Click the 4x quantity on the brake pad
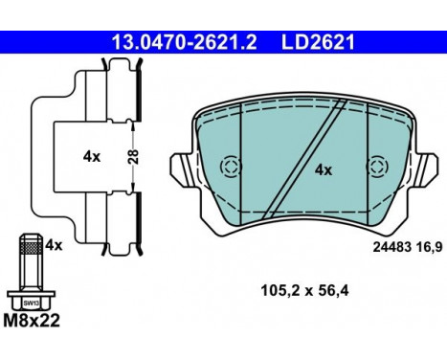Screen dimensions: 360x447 323,169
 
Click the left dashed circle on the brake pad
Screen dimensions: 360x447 230,169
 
